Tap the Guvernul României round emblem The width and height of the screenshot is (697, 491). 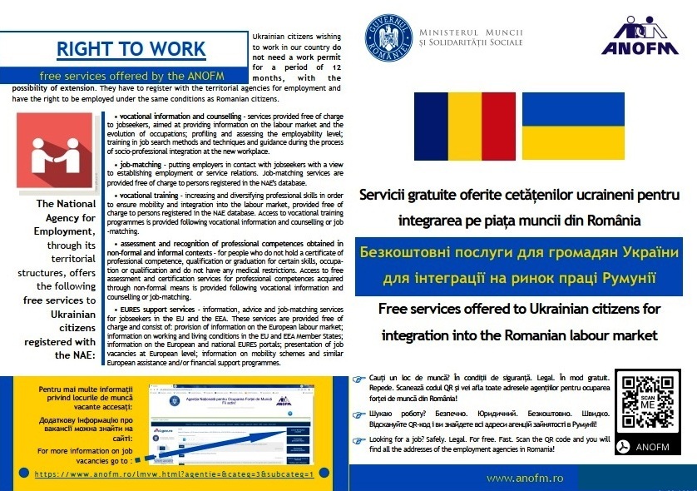[388, 37]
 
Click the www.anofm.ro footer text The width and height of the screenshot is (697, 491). [525, 478]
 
